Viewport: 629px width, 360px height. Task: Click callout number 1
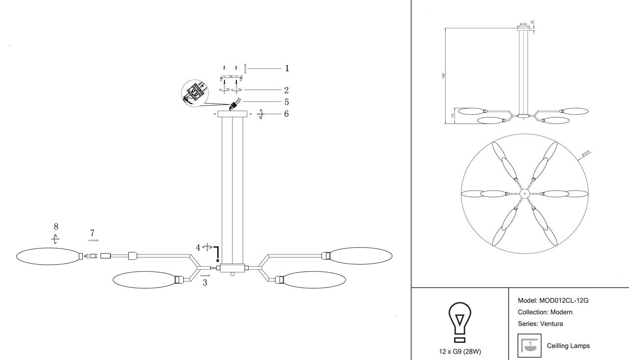[286, 69]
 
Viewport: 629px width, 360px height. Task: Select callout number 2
[286, 90]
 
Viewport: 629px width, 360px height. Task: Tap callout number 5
[286, 102]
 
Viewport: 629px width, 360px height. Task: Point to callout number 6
[286, 114]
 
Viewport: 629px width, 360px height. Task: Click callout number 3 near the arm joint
[205, 283]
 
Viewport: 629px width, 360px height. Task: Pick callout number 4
[198, 248]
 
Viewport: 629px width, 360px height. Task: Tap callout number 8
[56, 227]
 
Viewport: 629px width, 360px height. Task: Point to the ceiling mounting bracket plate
[232, 79]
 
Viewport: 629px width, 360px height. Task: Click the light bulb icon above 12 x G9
[459, 322]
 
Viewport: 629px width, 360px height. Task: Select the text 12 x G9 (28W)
[460, 352]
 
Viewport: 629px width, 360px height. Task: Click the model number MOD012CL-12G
[564, 301]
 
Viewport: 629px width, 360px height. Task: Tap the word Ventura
[551, 324]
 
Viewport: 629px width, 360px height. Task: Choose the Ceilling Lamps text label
[568, 346]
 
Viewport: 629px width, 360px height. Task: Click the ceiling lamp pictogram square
[529, 346]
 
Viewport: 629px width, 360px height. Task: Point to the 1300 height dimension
[443, 76]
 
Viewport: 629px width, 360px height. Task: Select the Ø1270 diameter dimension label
[585, 154]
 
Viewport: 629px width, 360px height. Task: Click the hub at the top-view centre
[525, 194]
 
